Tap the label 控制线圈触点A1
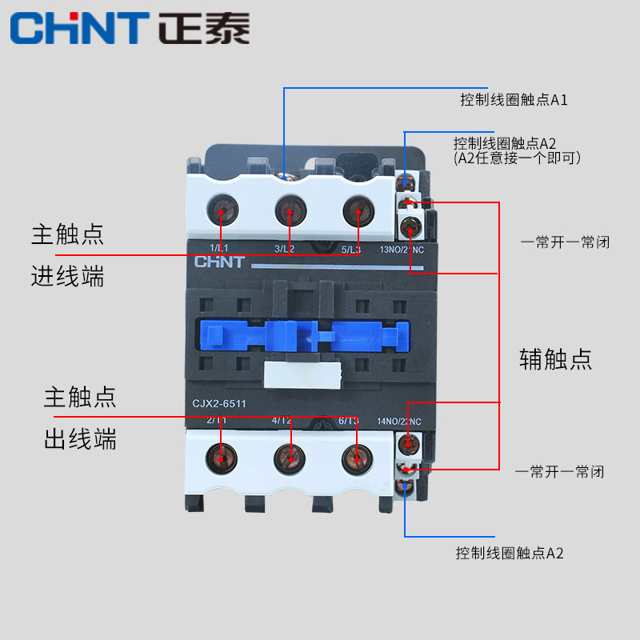(514, 100)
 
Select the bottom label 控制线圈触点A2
(510, 553)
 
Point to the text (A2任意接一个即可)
(517, 158)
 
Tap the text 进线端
(68, 277)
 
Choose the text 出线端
(80, 438)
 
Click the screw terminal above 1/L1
(222, 211)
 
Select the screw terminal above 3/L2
(290, 211)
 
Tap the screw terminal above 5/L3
(357, 211)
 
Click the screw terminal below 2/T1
(222, 457)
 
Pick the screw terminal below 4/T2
(289, 457)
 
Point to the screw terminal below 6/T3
(356, 457)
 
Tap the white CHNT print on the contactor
(216, 262)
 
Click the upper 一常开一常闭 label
(565, 242)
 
